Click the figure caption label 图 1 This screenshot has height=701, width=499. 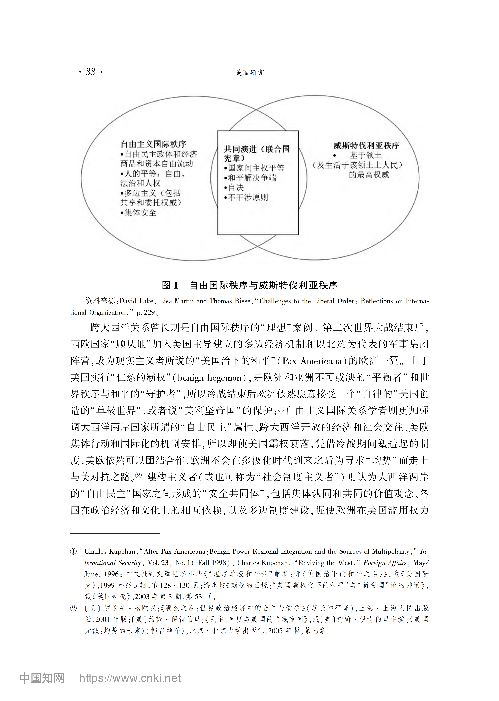click(170, 285)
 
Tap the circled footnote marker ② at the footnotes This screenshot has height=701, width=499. click(73, 608)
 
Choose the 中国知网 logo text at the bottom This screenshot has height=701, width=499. click(42, 678)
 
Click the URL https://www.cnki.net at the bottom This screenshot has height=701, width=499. click(130, 678)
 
